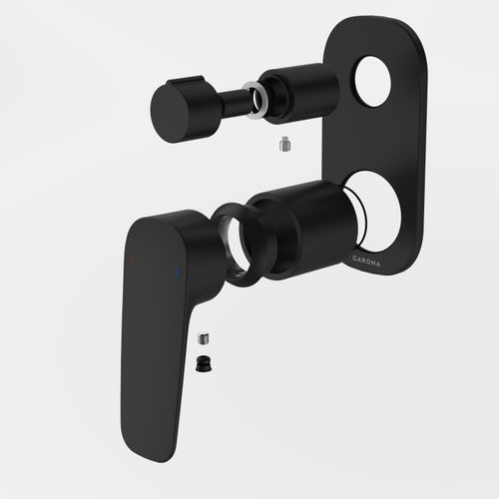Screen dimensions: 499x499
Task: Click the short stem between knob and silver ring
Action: [235, 102]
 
